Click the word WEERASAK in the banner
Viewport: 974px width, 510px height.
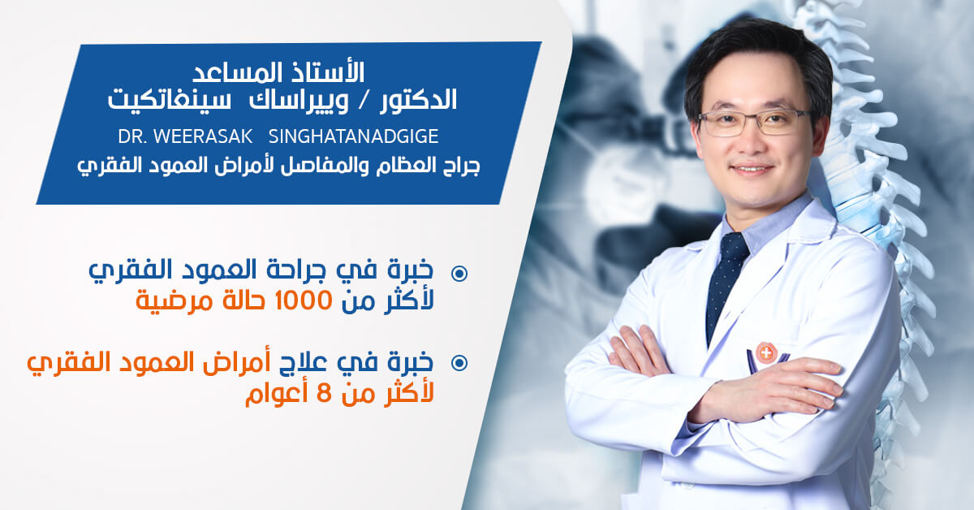203,136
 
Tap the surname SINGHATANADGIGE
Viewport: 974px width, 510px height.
354,136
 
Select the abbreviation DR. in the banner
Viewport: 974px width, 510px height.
132,136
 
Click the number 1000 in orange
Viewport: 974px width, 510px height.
304,300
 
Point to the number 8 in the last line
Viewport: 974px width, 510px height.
324,395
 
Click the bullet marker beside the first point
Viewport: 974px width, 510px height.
459,274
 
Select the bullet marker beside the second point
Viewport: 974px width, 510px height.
459,363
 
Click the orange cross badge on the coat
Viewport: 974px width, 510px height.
766,352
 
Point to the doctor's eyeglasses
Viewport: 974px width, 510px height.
753,123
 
